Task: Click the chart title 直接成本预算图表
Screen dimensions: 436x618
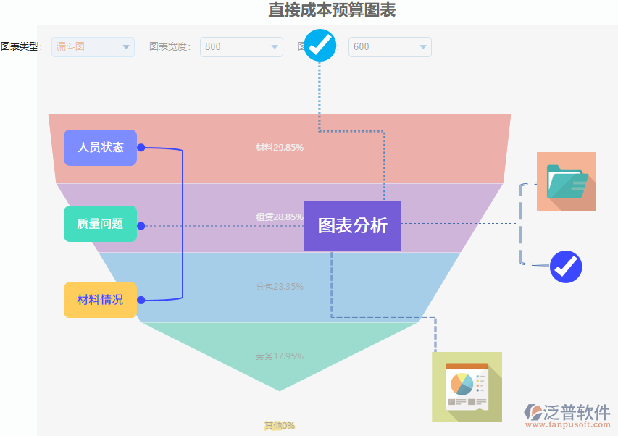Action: [332, 10]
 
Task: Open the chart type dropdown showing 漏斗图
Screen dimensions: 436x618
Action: [93, 47]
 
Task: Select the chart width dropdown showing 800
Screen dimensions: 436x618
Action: [241, 47]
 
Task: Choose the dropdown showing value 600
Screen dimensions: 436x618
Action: [390, 47]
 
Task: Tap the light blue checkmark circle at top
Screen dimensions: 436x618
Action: [320, 45]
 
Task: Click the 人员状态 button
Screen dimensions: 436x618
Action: [100, 148]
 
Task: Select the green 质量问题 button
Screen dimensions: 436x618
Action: [100, 225]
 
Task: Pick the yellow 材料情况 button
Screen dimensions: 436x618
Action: [100, 300]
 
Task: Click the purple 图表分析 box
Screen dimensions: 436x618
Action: [353, 226]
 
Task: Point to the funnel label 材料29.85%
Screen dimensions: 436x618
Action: [280, 148]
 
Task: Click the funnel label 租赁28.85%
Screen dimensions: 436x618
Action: [280, 217]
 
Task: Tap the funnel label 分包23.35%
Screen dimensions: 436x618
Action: [280, 287]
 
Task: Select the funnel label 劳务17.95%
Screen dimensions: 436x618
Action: [280, 356]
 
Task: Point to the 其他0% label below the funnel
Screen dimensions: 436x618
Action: [280, 426]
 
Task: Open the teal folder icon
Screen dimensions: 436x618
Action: [566, 181]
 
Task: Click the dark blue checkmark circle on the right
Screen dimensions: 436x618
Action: [566, 267]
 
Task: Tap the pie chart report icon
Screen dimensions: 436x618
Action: [467, 387]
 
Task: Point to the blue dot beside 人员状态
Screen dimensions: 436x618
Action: [141, 148]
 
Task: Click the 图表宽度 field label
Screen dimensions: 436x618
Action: [170, 47]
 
